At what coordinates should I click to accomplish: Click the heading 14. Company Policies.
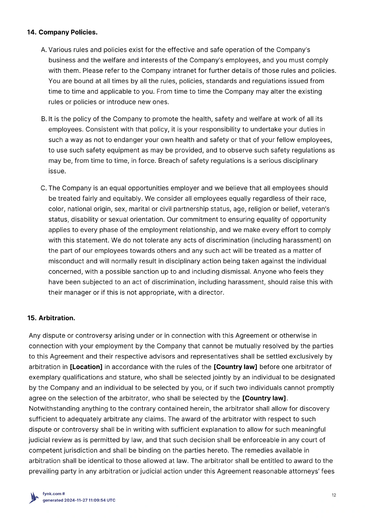(62, 32)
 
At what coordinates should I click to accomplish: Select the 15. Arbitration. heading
(51, 318)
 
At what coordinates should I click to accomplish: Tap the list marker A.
(44, 50)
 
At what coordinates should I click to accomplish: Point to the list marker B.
(44, 119)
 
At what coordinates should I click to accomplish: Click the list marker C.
(44, 188)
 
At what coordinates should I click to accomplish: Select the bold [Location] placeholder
(86, 367)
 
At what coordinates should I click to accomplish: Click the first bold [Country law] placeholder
(235, 367)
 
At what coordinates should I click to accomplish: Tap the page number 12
(334, 495)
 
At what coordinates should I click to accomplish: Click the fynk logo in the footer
(34, 498)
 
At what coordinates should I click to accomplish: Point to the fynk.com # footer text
(54, 494)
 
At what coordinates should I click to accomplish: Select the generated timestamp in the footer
(79, 500)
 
